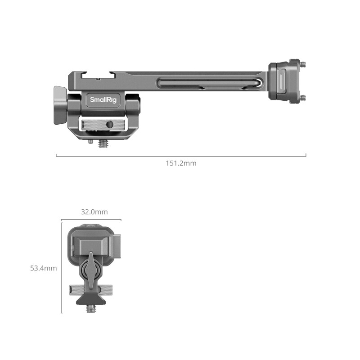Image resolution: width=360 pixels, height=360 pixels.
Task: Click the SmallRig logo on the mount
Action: coord(103,100)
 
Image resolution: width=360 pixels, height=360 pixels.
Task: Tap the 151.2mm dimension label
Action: coord(181,163)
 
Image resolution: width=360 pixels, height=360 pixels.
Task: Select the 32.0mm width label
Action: coord(94,211)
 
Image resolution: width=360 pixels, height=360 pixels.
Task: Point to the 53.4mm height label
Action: coord(43,268)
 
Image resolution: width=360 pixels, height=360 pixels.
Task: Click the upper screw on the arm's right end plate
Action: coord(301,65)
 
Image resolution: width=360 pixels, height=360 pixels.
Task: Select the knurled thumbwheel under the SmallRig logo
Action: coord(103,123)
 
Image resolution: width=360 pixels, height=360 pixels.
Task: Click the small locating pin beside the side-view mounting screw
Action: coord(91,141)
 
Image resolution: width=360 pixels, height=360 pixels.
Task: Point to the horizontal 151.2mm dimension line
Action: coord(181,156)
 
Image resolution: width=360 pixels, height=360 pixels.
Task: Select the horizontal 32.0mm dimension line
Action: coord(91,220)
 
